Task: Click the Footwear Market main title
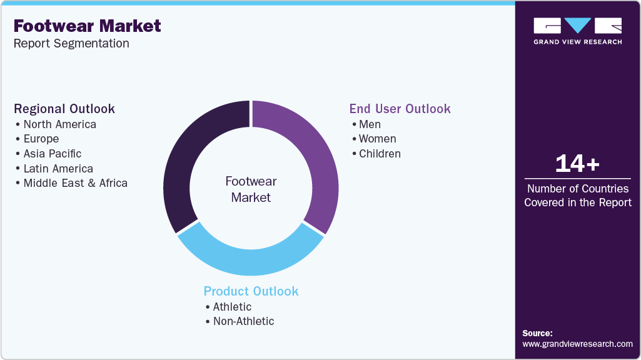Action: tap(87, 26)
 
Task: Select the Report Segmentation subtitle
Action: tap(71, 43)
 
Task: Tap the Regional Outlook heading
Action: tap(64, 109)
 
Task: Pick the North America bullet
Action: tap(59, 124)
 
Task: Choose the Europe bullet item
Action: tap(41, 139)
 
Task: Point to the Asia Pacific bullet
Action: tap(53, 154)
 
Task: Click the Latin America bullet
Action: tap(58, 169)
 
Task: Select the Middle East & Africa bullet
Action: tap(75, 183)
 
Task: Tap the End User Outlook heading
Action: tap(400, 109)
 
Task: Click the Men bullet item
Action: tap(370, 124)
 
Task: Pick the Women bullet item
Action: tap(377, 139)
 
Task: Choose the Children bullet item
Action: tap(380, 154)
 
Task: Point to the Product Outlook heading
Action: tap(251, 291)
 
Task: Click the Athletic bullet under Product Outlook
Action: tap(232, 307)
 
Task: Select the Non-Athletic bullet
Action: tap(243, 321)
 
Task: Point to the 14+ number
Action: tap(577, 164)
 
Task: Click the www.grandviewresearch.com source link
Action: tap(577, 344)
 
